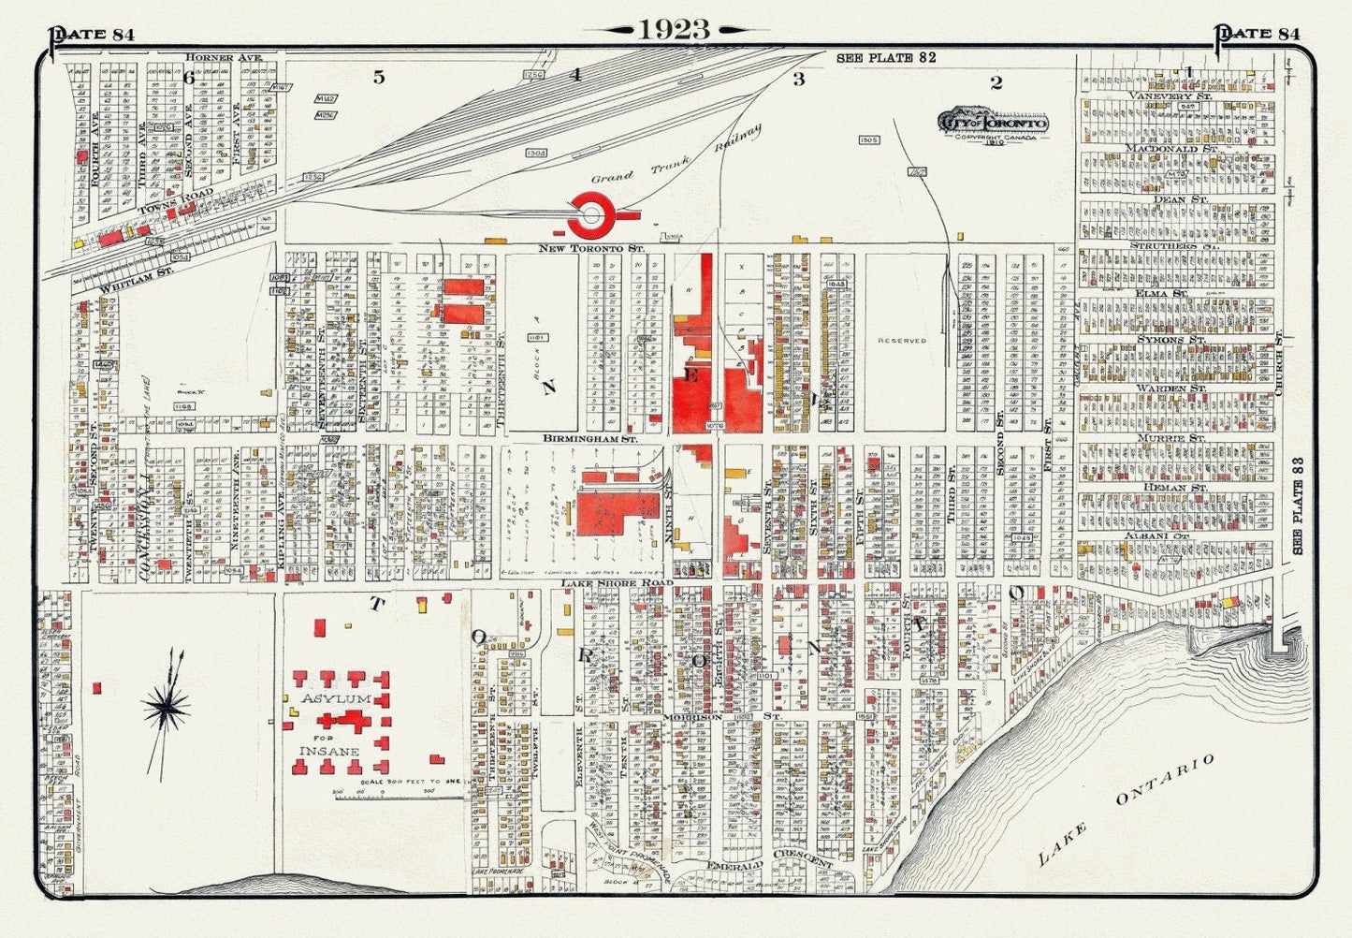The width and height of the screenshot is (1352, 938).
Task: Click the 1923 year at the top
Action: [675, 29]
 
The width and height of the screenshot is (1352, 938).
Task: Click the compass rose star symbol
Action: [167, 710]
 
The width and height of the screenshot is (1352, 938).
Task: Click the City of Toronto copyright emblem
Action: [993, 125]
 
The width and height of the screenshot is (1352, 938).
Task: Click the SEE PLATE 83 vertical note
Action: [1298, 506]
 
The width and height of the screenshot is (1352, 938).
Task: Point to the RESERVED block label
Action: [902, 341]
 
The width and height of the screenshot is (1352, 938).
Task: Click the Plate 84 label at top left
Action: [93, 35]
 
